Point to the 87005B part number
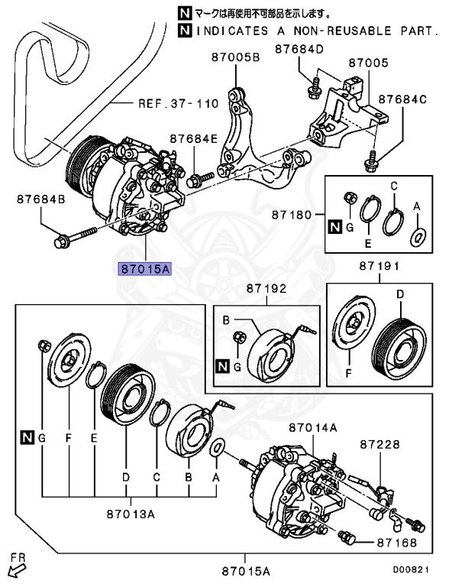[235, 57]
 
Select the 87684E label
[193, 139]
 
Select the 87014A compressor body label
[312, 429]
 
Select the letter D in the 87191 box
[399, 294]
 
